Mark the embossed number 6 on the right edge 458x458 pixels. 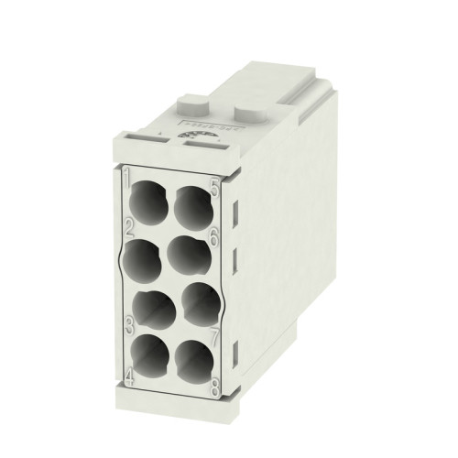tap(213, 235)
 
